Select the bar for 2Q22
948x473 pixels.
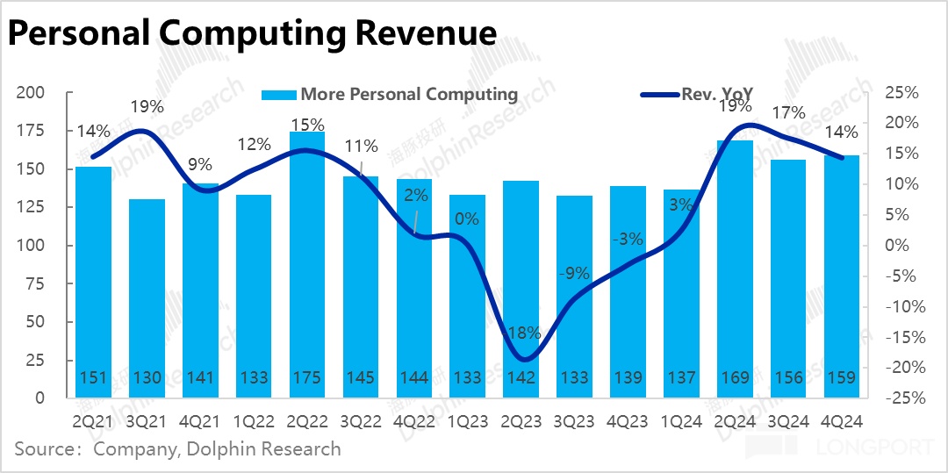[307, 263]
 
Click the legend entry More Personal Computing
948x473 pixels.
[408, 94]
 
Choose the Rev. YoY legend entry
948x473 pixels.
[717, 94]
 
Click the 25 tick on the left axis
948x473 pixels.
[35, 360]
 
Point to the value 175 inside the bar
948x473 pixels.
[307, 378]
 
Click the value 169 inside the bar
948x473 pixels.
[736, 378]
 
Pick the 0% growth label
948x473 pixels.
[467, 219]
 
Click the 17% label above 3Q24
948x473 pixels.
[787, 113]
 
